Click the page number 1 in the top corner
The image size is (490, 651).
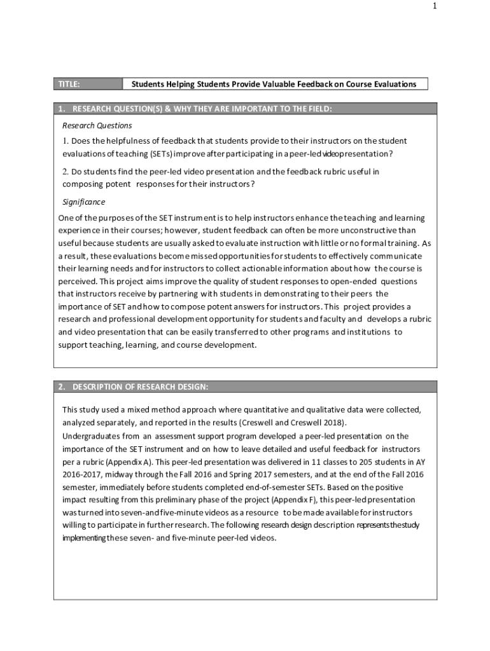pyautogui.click(x=435, y=6)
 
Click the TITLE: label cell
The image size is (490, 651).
pyautogui.click(x=87, y=84)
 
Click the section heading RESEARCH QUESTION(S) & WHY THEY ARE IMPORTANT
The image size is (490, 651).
pyautogui.click(x=202, y=109)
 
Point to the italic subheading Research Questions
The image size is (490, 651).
pyautogui.click(x=97, y=125)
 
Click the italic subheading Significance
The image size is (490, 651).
pyautogui.click(x=83, y=202)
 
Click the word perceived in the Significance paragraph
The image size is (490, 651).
pyautogui.click(x=78, y=281)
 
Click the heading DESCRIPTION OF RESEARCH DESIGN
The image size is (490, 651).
pyautogui.click(x=140, y=387)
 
